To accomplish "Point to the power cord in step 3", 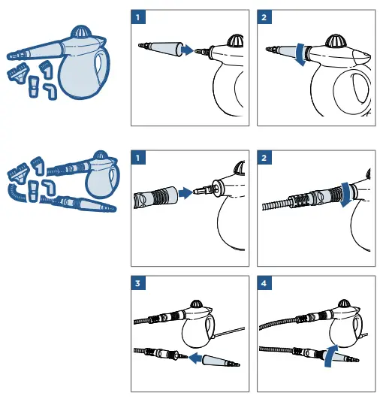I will pyautogui.click(x=225, y=331).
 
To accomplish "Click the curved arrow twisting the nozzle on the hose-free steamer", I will pyautogui.click(x=300, y=56).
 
